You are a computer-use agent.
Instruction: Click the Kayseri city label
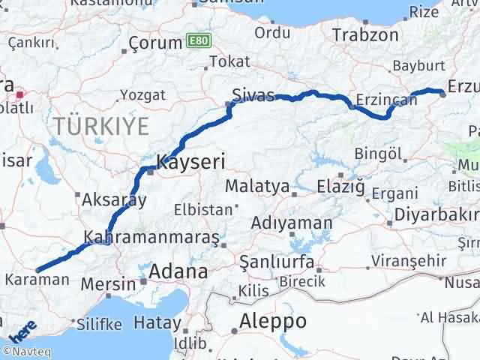pyautogui.click(x=190, y=160)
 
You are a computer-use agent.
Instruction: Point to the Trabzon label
pyautogui.click(x=365, y=35)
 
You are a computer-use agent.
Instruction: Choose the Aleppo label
pyautogui.click(x=272, y=321)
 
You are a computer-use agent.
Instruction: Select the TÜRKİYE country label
pyautogui.click(x=100, y=126)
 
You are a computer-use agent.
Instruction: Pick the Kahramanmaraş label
pyautogui.click(x=151, y=237)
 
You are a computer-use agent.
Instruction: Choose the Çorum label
pyautogui.click(x=156, y=42)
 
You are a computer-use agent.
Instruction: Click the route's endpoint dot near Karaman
pyautogui.click(x=37, y=270)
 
